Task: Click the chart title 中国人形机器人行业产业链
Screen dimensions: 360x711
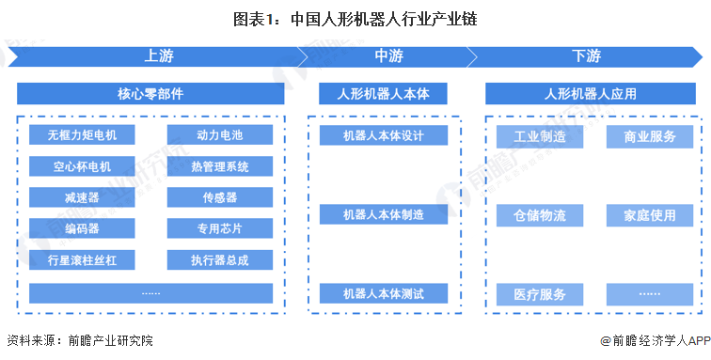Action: [355, 19]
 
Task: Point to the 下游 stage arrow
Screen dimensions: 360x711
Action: [586, 56]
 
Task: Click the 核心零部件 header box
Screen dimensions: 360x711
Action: [150, 95]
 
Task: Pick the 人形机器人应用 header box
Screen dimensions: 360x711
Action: [590, 95]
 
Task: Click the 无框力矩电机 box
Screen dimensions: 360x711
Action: [82, 135]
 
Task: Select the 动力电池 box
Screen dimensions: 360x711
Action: [219, 135]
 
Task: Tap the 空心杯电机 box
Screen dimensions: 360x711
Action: [82, 167]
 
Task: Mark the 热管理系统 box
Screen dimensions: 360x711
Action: [219, 167]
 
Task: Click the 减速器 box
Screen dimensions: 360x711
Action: [82, 198]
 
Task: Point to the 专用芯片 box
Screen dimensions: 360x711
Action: [219, 228]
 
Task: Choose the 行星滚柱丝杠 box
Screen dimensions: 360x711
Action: [82, 259]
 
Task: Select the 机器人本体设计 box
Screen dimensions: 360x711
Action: [382, 135]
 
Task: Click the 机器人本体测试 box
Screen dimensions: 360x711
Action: [382, 294]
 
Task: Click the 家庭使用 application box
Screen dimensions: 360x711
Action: [650, 216]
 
